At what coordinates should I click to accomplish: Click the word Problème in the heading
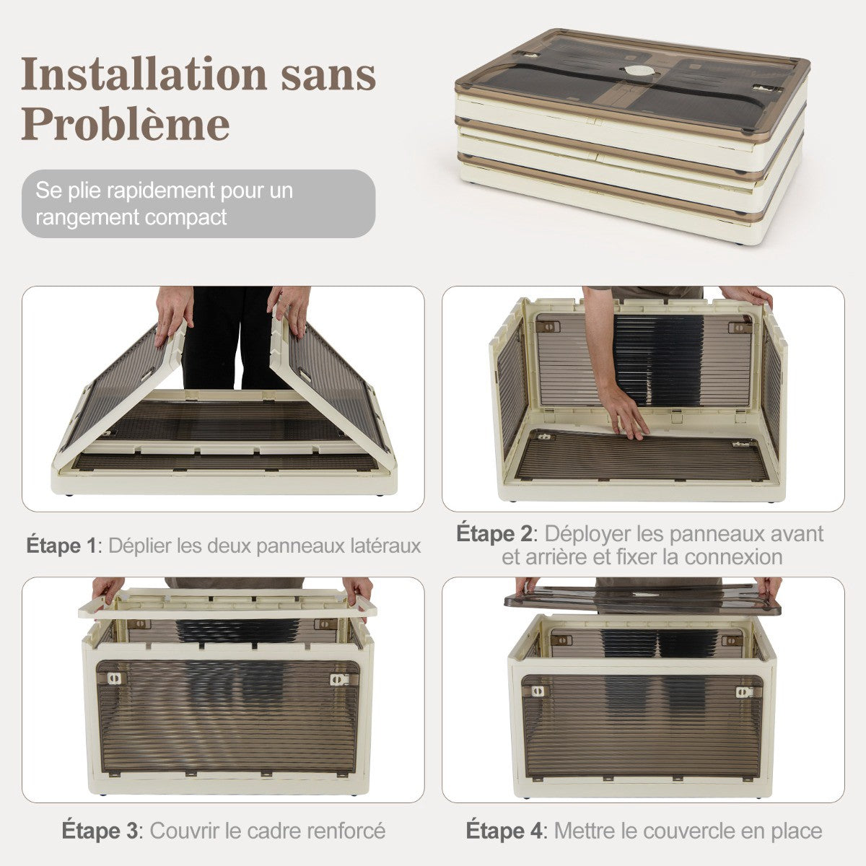coord(126,124)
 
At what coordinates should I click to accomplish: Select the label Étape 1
coord(61,546)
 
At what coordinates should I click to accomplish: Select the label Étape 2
coord(494,534)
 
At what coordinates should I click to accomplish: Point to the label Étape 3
coord(100,830)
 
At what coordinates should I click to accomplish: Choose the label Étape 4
coord(504,830)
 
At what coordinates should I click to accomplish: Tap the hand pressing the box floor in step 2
coord(626,413)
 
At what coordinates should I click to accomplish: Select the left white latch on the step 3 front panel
coord(114,678)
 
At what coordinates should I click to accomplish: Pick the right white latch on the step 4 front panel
coord(743,691)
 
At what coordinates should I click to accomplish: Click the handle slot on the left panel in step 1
coord(148,374)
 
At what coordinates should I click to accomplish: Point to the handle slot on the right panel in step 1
coord(305,375)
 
